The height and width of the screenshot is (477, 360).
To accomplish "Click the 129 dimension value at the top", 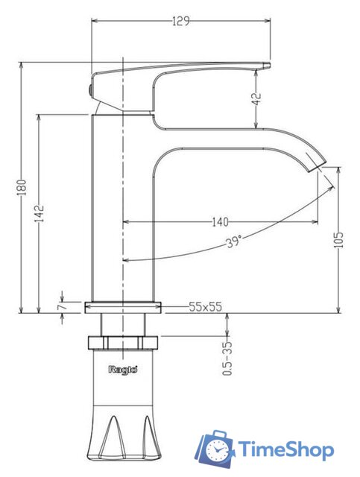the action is click(x=181, y=22).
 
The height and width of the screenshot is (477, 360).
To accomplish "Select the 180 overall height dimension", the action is click(x=22, y=187).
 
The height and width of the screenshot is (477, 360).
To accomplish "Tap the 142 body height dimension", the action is click(x=40, y=214).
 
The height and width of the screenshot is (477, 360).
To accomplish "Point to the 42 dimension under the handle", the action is click(x=257, y=98).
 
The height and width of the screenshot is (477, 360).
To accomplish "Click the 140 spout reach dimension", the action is click(x=220, y=222).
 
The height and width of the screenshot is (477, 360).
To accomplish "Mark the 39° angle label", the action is click(x=234, y=241).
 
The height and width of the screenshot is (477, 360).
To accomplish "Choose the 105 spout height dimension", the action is click(x=338, y=240).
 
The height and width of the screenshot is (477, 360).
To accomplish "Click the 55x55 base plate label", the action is click(x=206, y=306).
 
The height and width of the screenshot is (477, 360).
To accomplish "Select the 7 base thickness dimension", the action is click(x=62, y=306).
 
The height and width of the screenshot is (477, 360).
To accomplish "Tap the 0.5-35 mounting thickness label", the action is click(x=227, y=358).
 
